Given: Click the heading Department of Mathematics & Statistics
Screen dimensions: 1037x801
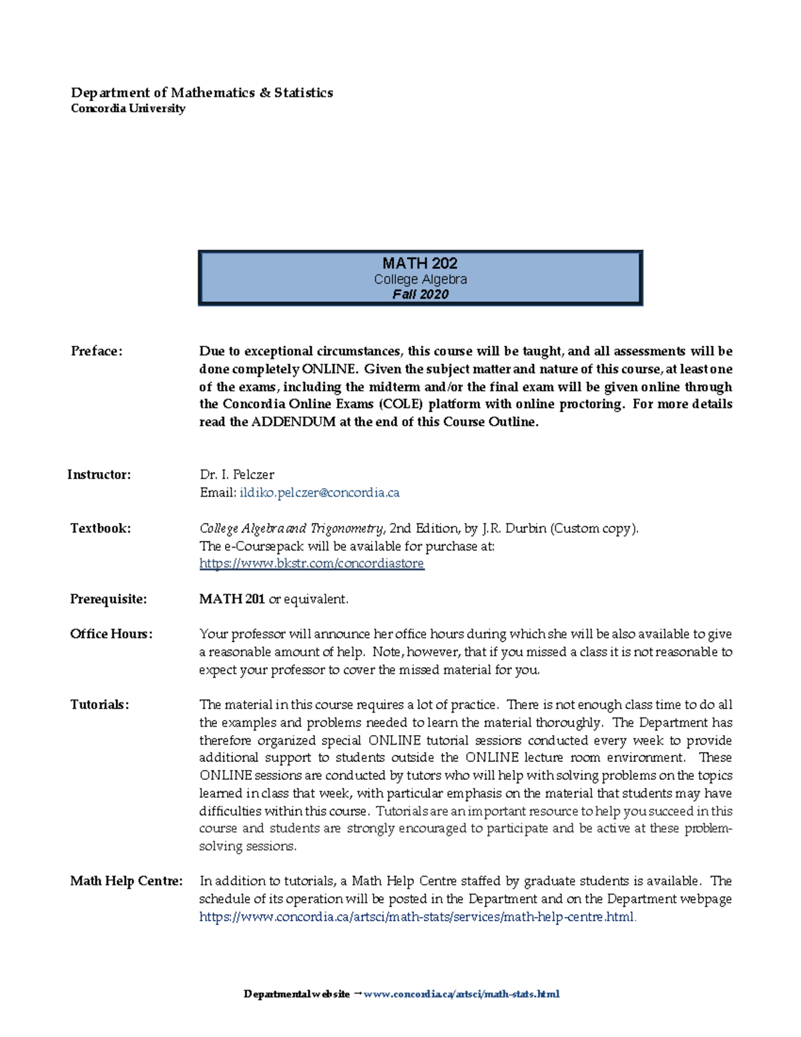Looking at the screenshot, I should [x=202, y=93].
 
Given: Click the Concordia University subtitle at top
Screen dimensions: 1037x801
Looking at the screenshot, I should [x=128, y=108].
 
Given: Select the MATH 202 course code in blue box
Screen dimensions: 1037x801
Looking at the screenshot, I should [x=420, y=263].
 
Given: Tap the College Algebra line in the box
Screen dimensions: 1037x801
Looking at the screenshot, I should [x=420, y=279].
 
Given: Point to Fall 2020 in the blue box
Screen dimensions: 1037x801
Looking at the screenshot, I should [x=420, y=294].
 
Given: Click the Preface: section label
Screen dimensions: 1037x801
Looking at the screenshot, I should [x=97, y=351].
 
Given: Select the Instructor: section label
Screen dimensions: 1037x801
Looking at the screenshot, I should [x=99, y=475].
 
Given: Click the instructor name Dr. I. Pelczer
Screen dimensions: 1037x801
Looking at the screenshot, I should [x=237, y=475].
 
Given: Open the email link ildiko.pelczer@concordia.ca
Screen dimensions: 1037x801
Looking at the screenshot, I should [x=319, y=493].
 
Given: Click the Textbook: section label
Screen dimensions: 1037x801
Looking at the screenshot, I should [x=100, y=528].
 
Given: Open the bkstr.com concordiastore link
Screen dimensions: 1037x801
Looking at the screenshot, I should [x=312, y=564].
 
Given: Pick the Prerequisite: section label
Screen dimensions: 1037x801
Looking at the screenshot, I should [x=108, y=599].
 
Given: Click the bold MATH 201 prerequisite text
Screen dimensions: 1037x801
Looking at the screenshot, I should [x=232, y=599].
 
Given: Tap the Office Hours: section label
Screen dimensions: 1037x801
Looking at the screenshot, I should [x=111, y=634].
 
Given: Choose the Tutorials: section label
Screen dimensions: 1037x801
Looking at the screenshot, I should [x=99, y=704].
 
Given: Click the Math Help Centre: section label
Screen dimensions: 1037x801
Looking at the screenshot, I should [x=126, y=881].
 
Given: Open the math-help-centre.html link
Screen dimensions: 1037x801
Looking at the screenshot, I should [x=417, y=917].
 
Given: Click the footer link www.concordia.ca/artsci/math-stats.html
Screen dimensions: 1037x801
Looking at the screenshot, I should [x=461, y=994].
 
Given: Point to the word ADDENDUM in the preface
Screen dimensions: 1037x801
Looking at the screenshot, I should [x=293, y=422].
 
